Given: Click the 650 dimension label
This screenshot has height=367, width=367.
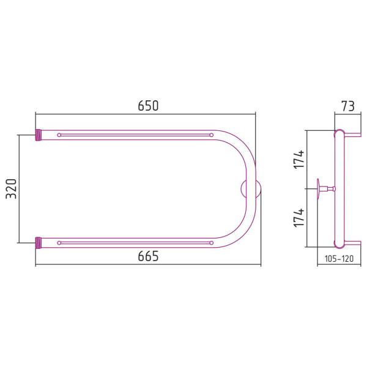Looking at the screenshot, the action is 148,106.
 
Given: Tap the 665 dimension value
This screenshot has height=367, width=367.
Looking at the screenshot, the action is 148,256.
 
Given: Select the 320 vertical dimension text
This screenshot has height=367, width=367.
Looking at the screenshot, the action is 11,189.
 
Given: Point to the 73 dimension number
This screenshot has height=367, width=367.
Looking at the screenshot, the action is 348,106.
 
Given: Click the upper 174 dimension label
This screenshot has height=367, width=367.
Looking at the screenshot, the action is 299,160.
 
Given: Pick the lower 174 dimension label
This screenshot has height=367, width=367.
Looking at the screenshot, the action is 299,218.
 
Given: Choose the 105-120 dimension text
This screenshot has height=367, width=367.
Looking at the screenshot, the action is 339,259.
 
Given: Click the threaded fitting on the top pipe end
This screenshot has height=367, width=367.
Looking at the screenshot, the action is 38,135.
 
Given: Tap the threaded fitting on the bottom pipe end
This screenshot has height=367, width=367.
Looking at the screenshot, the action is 38,243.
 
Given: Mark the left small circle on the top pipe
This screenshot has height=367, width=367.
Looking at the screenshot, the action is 59,135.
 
